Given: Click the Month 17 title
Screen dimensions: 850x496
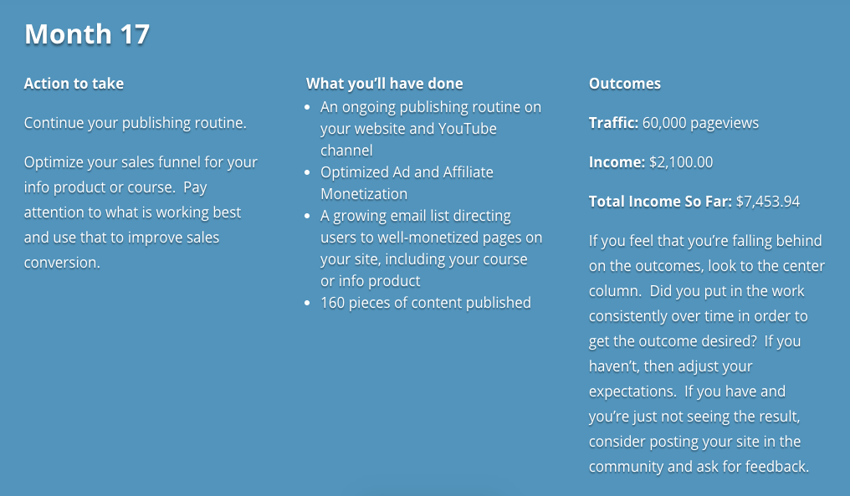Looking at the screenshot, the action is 87,34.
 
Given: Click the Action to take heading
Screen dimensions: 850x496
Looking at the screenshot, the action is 74,84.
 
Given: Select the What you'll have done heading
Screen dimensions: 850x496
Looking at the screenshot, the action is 384,84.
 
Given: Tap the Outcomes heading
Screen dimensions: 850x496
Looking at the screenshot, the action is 624,84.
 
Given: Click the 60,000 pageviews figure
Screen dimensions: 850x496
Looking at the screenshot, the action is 700,124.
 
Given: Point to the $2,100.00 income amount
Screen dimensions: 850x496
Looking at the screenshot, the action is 681,162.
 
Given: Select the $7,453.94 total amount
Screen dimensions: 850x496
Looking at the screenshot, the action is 768,202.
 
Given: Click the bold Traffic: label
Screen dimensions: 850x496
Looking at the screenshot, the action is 613,123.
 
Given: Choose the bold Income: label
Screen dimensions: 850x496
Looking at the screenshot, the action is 617,162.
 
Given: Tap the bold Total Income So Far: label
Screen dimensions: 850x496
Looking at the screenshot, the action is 660,202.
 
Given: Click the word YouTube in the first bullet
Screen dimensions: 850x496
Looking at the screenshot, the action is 468,129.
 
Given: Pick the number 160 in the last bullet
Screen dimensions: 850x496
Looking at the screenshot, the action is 332,303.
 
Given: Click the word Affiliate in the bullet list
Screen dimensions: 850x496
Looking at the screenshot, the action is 469,172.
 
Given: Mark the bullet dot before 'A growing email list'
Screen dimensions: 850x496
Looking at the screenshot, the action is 307,217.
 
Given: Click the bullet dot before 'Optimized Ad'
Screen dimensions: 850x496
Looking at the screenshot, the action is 307,173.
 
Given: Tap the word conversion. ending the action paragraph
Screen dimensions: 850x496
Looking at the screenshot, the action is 62,263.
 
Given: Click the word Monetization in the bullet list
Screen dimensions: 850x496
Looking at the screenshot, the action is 364,194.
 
